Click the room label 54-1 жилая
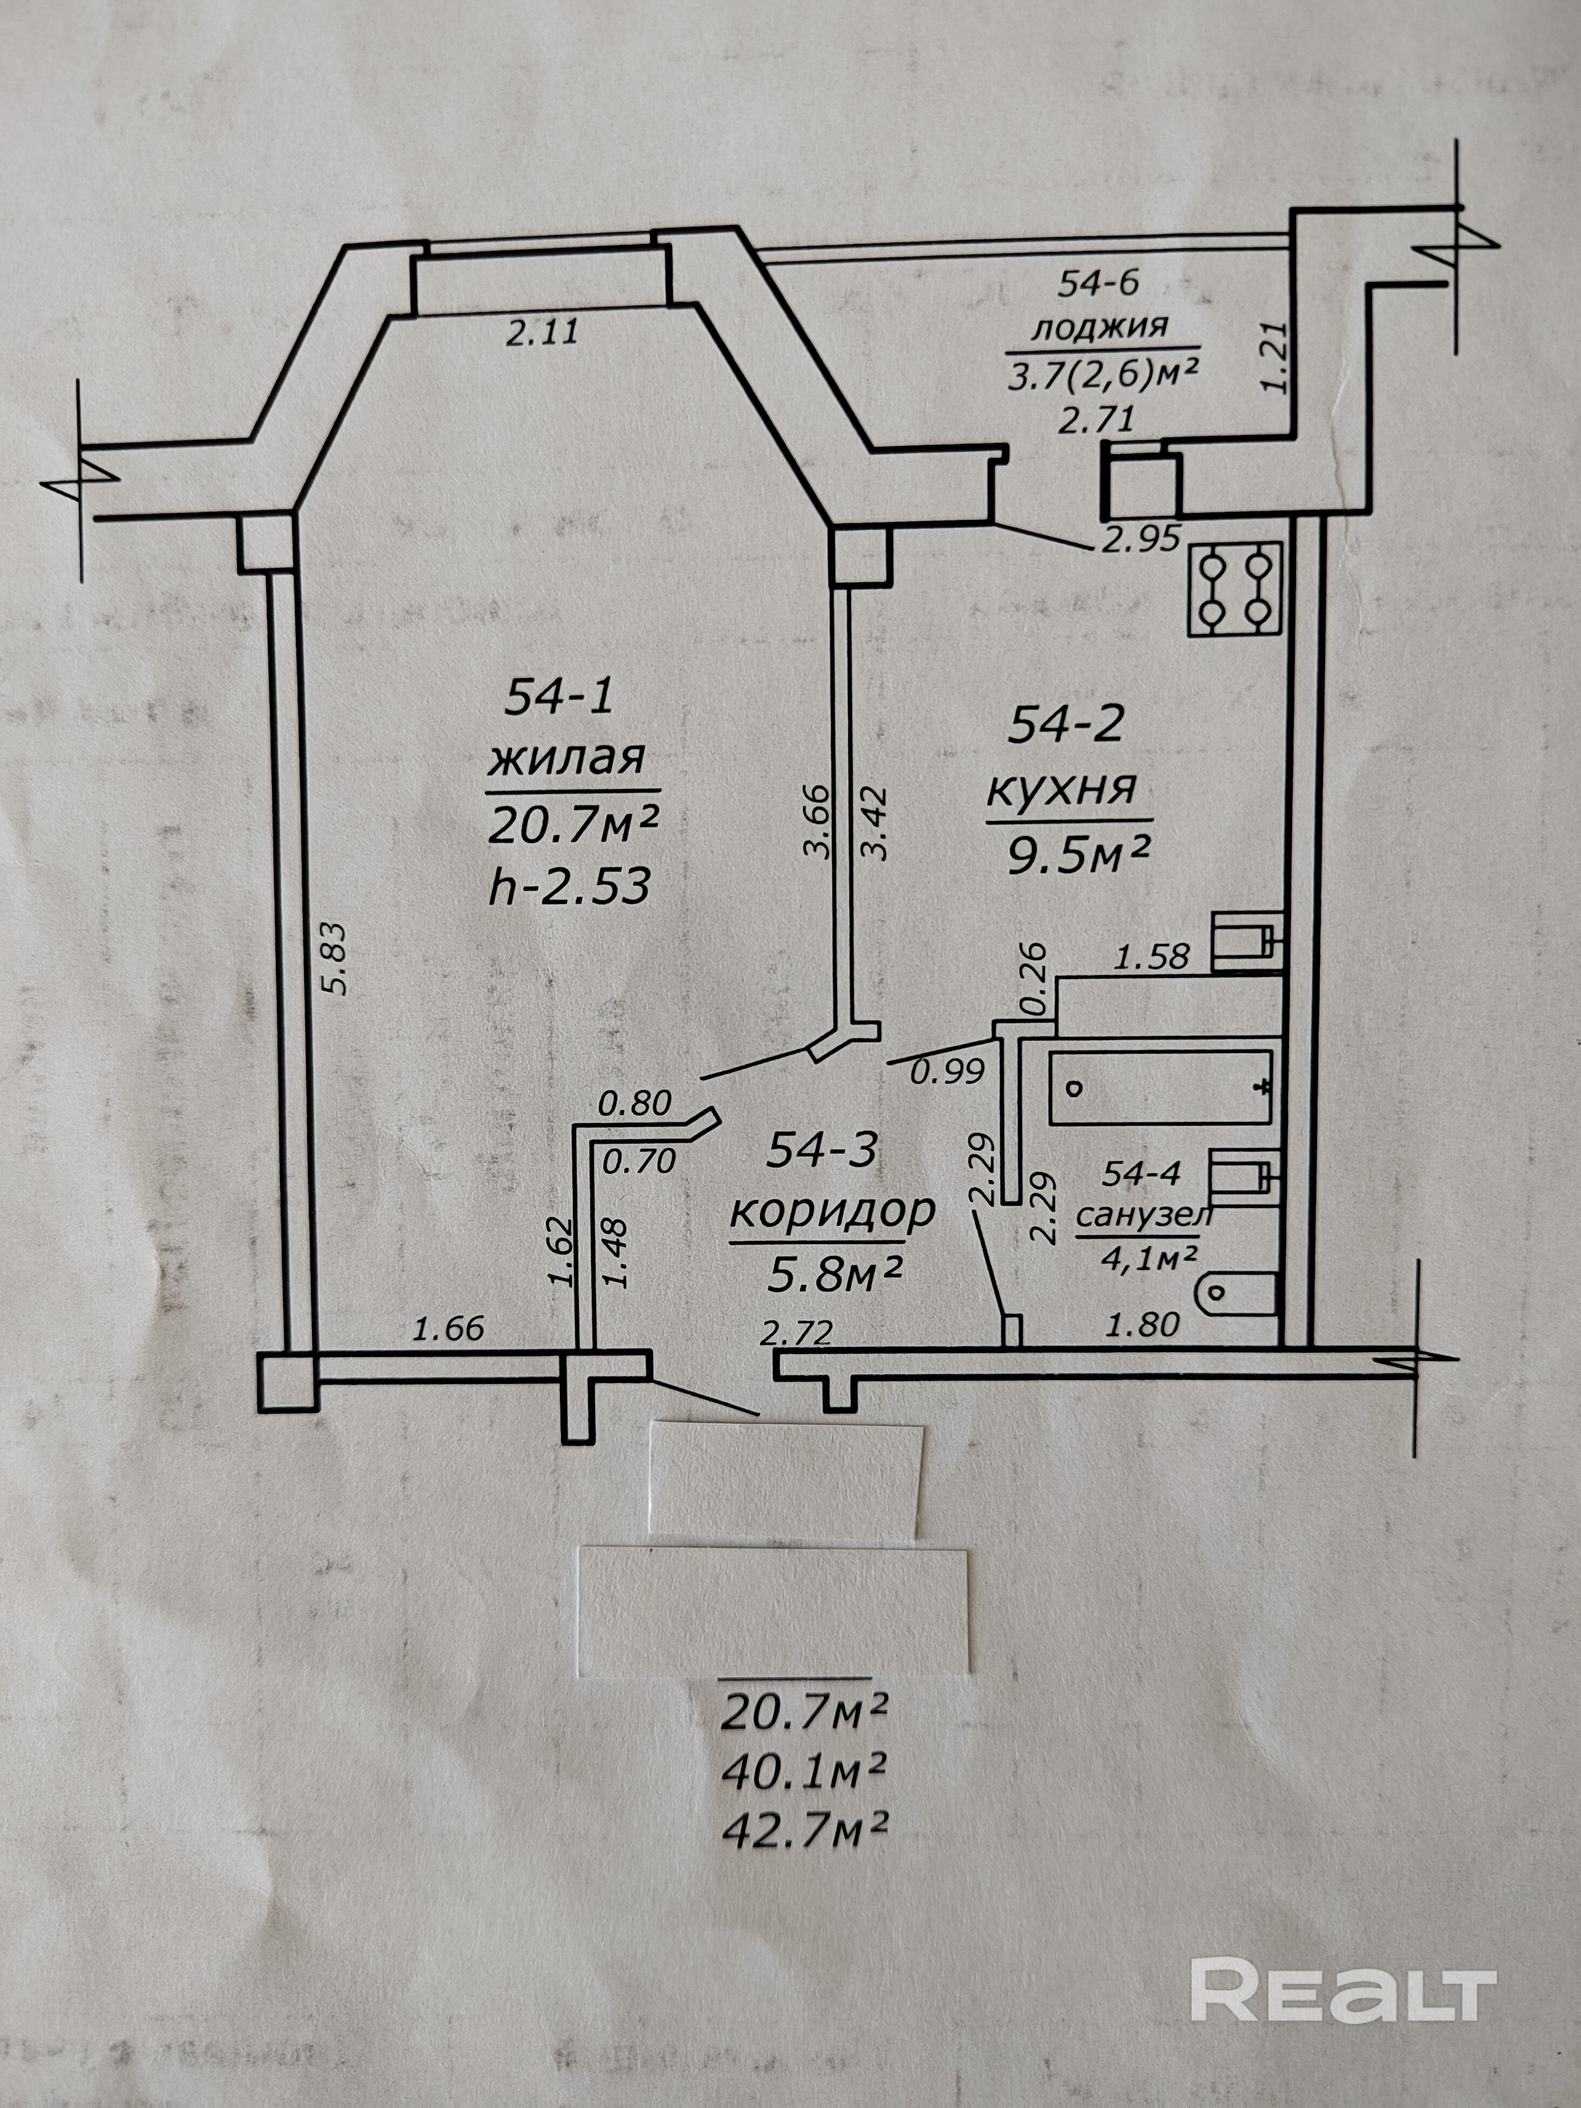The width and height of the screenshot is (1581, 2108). point(565,729)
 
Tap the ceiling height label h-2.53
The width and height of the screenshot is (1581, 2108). point(569,887)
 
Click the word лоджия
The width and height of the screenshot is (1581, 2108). point(1100,327)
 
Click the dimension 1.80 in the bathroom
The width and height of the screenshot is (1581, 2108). point(1143,1323)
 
